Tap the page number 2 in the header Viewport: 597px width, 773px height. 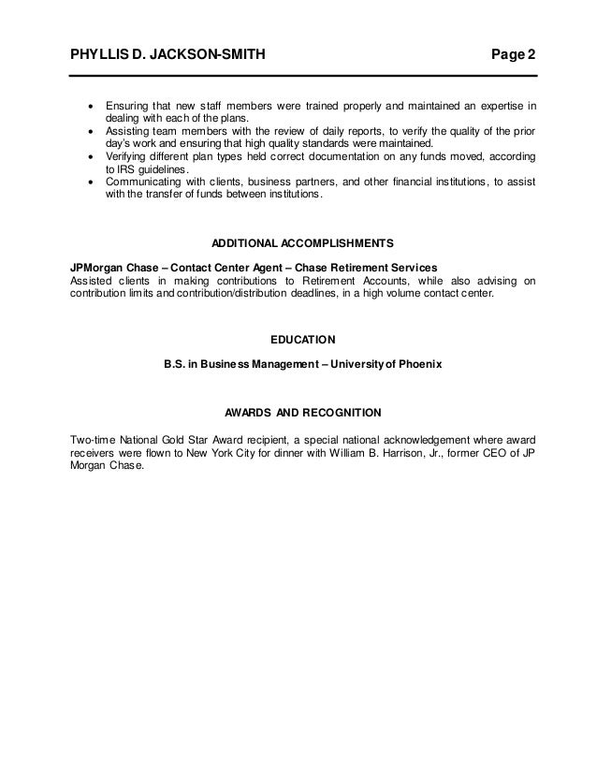click(x=531, y=56)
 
